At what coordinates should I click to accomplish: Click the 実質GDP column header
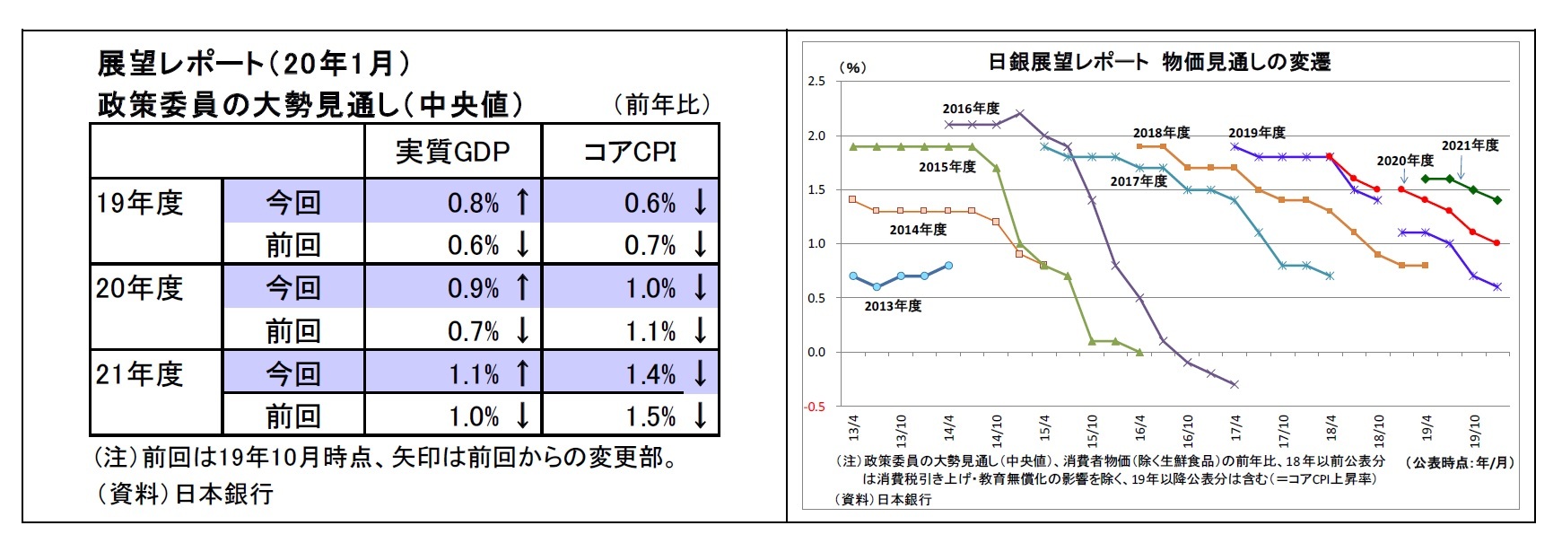pyautogui.click(x=452, y=151)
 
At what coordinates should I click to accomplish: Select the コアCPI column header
pyautogui.click(x=630, y=151)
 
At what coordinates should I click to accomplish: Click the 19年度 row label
pyautogui.click(x=141, y=203)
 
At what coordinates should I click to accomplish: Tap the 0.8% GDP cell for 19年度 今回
pyautogui.click(x=473, y=203)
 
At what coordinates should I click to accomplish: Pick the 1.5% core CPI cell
pyautogui.click(x=650, y=416)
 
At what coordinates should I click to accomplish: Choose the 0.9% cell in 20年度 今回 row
pyautogui.click(x=473, y=288)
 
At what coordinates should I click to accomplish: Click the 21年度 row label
pyautogui.click(x=141, y=373)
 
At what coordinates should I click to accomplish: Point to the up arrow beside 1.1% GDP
pyautogui.click(x=522, y=372)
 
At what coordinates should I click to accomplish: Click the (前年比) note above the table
pyautogui.click(x=662, y=104)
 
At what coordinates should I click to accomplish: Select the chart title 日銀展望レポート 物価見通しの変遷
pyautogui.click(x=1158, y=62)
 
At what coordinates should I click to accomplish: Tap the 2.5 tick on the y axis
pyautogui.click(x=816, y=82)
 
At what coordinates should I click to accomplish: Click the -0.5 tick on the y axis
pyautogui.click(x=815, y=407)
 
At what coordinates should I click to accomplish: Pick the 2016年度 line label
pyautogui.click(x=970, y=109)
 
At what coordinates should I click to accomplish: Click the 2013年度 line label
pyautogui.click(x=893, y=306)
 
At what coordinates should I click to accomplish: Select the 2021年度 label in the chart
pyautogui.click(x=1470, y=145)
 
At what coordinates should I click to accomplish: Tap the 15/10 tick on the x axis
pyautogui.click(x=1092, y=431)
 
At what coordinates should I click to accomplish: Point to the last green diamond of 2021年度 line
pyautogui.click(x=1497, y=200)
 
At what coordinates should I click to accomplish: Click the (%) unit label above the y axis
pyautogui.click(x=852, y=67)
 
